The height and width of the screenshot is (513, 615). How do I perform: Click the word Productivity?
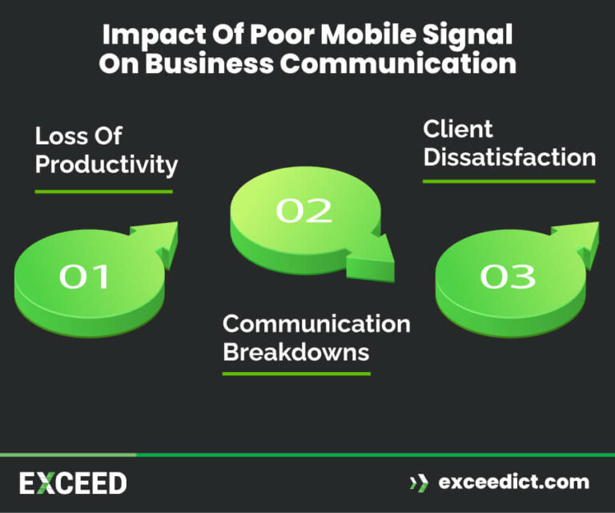[x=107, y=164]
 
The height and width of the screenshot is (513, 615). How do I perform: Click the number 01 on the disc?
[x=84, y=277]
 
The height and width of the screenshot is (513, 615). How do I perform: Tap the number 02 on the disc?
[x=303, y=210]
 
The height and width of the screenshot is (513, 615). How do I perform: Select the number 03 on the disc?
[x=507, y=277]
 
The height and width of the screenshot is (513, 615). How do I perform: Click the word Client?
[x=458, y=129]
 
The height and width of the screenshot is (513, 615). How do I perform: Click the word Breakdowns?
[x=295, y=352]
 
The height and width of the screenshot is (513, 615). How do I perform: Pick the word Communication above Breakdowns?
[x=316, y=324]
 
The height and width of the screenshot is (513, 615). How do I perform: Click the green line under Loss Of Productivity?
[x=103, y=192]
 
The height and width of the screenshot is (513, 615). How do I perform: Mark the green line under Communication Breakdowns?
[x=296, y=374]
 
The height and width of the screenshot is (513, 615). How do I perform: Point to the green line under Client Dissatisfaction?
[x=508, y=181]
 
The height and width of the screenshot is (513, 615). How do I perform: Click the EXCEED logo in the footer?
[x=73, y=483]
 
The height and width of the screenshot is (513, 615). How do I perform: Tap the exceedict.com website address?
[x=513, y=483]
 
